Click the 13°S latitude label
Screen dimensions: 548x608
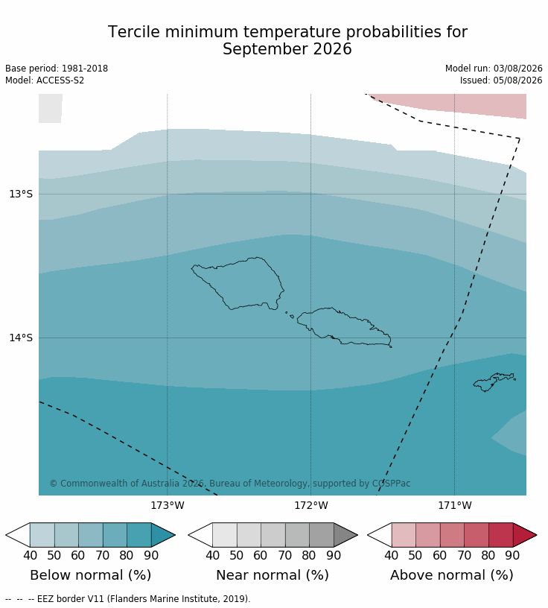(21, 194)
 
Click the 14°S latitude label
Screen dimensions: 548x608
(21, 338)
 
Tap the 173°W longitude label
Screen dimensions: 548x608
(168, 506)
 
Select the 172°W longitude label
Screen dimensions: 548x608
(310, 506)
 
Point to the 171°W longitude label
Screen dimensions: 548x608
(455, 506)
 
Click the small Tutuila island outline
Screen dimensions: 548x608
(494, 382)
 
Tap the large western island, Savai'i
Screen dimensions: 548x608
(238, 283)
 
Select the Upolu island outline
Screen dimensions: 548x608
(344, 326)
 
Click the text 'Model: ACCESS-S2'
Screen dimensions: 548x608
(45, 80)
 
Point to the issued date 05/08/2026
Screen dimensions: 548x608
(517, 80)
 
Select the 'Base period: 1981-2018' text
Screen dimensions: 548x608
(57, 69)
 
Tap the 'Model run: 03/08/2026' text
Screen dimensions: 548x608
(494, 69)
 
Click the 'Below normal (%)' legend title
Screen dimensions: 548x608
(90, 575)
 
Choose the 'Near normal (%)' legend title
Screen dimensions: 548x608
(272, 575)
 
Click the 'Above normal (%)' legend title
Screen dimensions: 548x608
(451, 575)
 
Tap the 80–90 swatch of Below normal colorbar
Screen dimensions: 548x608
(138, 535)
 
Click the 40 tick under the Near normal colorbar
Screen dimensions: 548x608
(212, 555)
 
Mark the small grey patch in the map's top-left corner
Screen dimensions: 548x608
(50, 108)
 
